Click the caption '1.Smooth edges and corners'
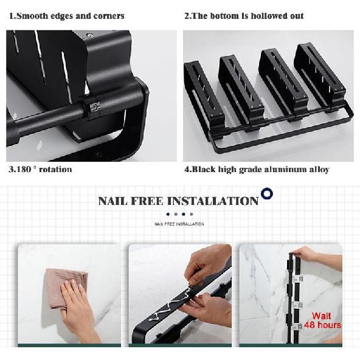coord(67,16)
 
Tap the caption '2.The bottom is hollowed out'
coord(244,16)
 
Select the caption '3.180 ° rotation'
coord(40,170)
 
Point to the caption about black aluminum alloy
coord(257,170)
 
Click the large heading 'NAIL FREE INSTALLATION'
coord(178,201)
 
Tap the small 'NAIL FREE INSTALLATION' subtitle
coord(179,224)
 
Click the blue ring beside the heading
coord(267,193)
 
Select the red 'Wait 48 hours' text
coord(322,320)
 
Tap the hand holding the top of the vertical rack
coord(305,254)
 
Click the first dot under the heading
coord(168,214)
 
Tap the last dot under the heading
coord(192,214)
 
